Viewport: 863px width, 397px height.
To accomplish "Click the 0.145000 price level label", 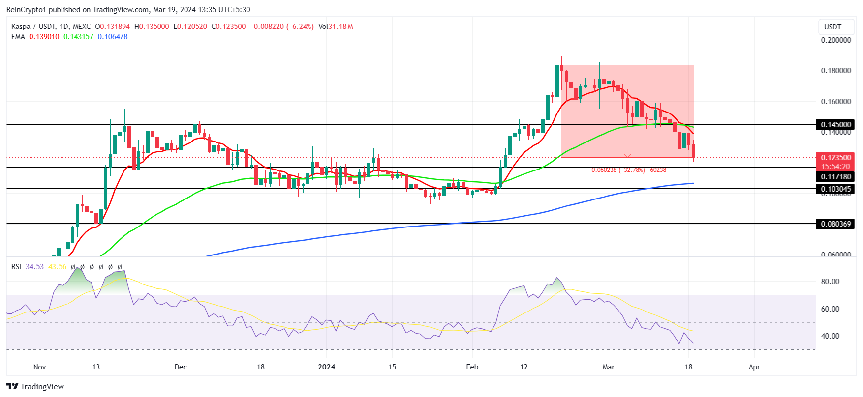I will [835, 125].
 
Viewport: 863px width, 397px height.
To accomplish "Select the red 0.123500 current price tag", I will [835, 158].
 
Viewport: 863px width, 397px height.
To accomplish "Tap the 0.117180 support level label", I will [835, 177].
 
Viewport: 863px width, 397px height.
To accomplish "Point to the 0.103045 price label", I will [835, 189].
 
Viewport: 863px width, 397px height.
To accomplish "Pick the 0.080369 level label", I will [835, 224].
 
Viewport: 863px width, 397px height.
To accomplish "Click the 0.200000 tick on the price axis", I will [835, 40].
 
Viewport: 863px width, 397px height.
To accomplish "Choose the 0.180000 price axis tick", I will [835, 71].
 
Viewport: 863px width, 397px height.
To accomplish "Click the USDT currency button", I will [832, 27].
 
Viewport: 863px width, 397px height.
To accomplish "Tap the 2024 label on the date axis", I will [326, 367].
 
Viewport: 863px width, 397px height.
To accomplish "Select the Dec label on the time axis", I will [181, 367].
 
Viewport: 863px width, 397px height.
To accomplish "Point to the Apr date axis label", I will [754, 367].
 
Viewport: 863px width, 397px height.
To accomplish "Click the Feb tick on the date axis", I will [472, 367].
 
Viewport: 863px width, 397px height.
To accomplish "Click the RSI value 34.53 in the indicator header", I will [34, 267].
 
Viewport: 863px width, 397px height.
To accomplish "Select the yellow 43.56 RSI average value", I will [57, 267].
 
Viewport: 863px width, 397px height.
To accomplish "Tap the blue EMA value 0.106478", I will [113, 37].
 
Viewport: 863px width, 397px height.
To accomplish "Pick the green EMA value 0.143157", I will [78, 37].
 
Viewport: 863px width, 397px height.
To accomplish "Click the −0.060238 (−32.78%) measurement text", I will [627, 170].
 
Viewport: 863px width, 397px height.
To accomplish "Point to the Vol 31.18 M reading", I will [336, 27].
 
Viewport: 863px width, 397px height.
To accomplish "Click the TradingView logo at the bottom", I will [35, 387].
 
